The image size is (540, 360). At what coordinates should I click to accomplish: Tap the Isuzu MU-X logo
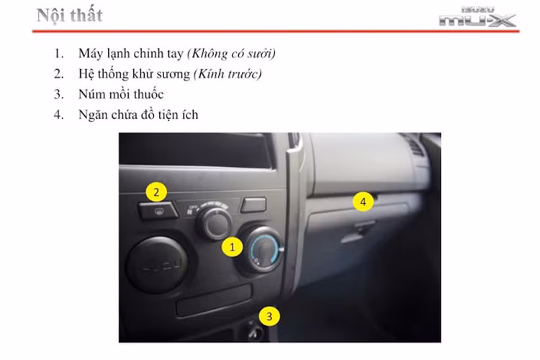[x=477, y=17]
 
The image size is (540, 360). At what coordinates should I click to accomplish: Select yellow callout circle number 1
[x=232, y=247]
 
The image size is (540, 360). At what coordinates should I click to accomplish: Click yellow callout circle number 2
[x=157, y=192]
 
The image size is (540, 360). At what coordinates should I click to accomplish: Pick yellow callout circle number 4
[x=363, y=202]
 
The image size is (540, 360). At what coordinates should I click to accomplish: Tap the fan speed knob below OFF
[x=214, y=225]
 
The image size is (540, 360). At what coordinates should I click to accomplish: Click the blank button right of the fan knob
[x=253, y=205]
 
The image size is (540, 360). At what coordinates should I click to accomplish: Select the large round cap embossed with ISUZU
[x=157, y=264]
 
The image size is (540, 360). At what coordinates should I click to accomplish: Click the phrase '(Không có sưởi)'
[x=231, y=54]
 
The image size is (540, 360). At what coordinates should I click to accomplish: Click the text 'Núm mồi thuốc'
[x=122, y=94]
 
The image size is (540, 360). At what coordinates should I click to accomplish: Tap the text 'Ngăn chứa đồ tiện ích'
[x=139, y=114]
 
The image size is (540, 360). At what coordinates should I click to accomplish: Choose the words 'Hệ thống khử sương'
[x=129, y=74]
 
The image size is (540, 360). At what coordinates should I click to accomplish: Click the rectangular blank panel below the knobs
[x=214, y=300]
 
